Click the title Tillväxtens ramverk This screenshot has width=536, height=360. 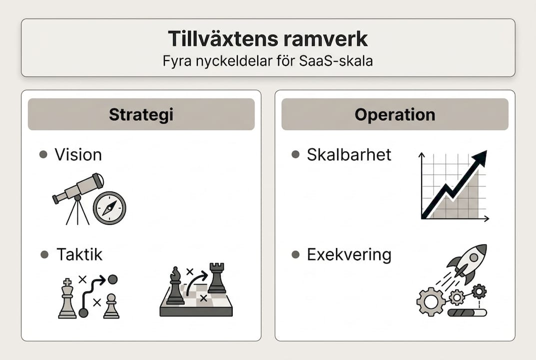coord(268,38)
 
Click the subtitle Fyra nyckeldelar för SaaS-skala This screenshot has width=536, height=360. coord(268,61)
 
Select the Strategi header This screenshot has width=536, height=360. coord(141,114)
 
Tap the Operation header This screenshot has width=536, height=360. coord(395,114)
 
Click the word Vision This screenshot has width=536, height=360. coord(78,154)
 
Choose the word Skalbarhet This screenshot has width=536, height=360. coord(349,154)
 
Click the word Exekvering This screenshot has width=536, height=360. coord(349,254)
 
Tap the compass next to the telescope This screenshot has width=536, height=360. coord(109,208)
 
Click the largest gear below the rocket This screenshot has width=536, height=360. coord(431,301)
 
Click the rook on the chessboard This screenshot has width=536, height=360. coord(216,279)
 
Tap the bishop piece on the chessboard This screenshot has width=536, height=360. coord(175,286)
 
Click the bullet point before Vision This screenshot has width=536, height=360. coord(43,154)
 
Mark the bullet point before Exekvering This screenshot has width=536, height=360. coord(295,254)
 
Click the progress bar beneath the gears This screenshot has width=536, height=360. coord(467,313)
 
